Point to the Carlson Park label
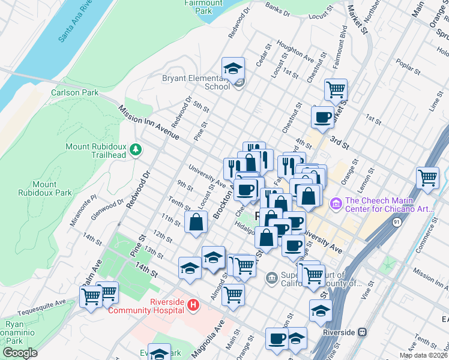point(74,93)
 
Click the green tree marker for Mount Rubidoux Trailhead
point(136,149)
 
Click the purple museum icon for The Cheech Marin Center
point(336,205)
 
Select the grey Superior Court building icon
point(271,277)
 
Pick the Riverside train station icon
point(362,332)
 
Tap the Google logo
point(19,353)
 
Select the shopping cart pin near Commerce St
point(428,177)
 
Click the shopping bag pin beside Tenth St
point(196,222)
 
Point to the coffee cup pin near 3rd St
point(322,117)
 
